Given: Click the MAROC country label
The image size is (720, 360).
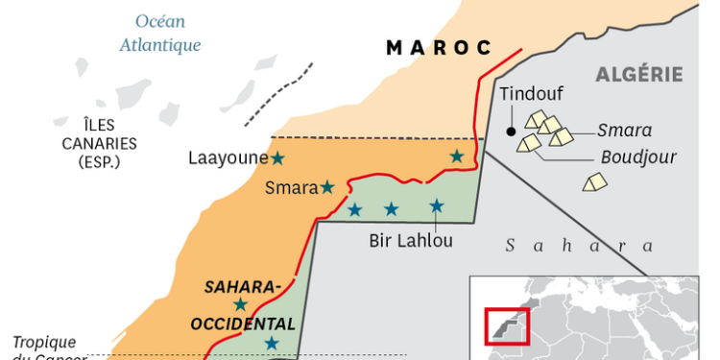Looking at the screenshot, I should click(439, 48).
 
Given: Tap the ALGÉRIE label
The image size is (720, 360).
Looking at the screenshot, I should click(639, 74).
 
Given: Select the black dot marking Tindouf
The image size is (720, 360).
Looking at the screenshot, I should click(512, 130).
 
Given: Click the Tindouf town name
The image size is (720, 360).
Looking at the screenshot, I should click(531, 94).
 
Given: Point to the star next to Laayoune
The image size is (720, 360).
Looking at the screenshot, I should click(278, 157).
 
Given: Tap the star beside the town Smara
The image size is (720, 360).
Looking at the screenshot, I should click(327, 187).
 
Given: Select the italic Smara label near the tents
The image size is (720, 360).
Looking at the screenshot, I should click(624, 131).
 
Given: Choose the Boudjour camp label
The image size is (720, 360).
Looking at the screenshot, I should click(638, 157).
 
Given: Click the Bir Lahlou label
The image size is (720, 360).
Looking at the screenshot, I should click(411, 241).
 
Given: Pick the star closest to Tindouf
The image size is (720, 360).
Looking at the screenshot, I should click(457, 156).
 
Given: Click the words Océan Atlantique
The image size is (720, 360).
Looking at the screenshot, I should click(159, 33).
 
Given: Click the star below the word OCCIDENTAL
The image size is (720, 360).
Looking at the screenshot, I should click(272, 343).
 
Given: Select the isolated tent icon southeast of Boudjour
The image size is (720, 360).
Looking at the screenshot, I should click(595, 181).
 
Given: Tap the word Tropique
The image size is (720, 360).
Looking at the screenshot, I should click(43, 343).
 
